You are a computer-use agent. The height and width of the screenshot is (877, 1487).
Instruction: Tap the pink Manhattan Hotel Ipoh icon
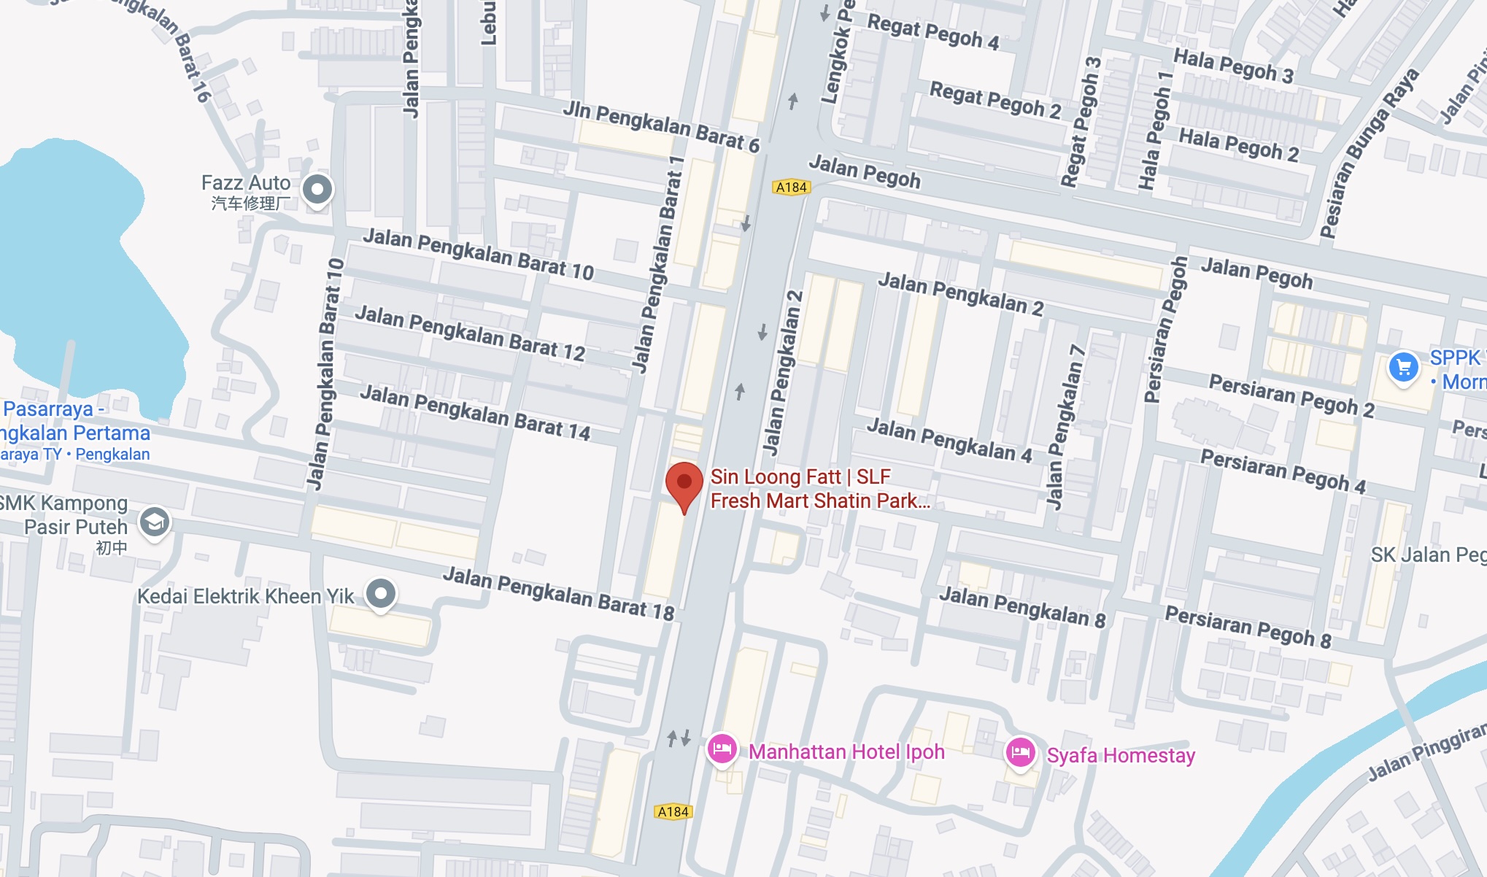point(722,749)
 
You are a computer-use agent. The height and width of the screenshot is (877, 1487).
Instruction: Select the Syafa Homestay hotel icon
point(1020,752)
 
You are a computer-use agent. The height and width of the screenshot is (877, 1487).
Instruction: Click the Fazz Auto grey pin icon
point(317,190)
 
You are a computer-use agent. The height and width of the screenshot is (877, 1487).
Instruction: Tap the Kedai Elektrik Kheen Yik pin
point(380,594)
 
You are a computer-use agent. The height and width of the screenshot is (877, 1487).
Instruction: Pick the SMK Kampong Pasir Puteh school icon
point(155,522)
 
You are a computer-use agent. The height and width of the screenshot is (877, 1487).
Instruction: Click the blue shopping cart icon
point(1403,367)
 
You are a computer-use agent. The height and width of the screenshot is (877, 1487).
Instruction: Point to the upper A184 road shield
point(791,188)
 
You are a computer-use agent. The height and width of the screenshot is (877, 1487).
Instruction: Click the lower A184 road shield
point(673,811)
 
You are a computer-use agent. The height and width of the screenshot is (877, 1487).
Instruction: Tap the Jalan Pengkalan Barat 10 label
point(478,254)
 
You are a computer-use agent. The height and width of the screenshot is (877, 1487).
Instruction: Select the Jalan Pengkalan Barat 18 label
point(558,593)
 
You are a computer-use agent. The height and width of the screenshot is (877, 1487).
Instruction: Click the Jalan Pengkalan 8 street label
point(1021,606)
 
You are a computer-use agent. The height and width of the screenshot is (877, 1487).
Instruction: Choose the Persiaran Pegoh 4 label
point(1283,471)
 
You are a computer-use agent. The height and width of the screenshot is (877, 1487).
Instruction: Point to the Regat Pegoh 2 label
point(994,100)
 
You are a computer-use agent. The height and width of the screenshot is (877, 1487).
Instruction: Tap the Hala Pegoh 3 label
point(1233,66)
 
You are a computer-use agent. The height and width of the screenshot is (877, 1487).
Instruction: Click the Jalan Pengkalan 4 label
point(949,440)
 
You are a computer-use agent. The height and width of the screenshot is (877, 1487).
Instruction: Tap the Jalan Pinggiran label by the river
point(1426,752)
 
